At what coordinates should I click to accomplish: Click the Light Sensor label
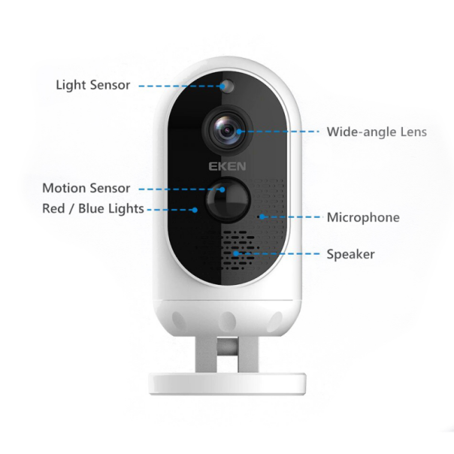click(x=93, y=85)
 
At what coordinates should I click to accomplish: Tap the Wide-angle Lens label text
click(x=377, y=132)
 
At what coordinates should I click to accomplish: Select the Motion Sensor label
click(x=86, y=188)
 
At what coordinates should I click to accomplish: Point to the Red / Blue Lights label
click(x=93, y=209)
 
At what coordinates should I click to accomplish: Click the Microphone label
click(x=363, y=217)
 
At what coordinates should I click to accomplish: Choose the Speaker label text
click(x=350, y=254)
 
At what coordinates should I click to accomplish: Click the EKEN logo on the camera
click(x=227, y=166)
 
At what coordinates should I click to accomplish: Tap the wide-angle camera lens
click(x=227, y=130)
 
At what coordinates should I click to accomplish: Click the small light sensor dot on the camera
click(x=229, y=86)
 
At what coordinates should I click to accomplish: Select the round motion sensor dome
click(x=228, y=200)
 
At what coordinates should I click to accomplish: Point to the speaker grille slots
click(x=227, y=250)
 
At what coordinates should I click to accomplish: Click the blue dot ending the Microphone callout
click(x=262, y=216)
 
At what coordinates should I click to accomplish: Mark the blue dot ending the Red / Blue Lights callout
click(x=195, y=210)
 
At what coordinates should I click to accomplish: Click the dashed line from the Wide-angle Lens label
click(x=279, y=132)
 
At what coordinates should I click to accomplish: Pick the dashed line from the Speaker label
click(x=278, y=253)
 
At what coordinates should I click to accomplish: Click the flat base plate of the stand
click(x=228, y=384)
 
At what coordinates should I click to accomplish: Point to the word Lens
click(x=413, y=132)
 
